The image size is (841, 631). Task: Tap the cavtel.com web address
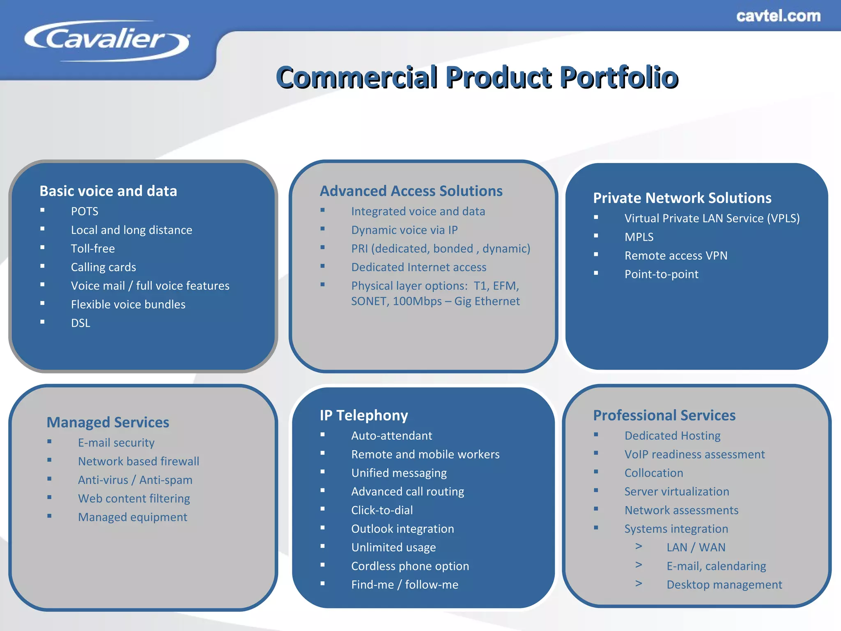[778, 16]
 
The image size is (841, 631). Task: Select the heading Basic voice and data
[108, 191]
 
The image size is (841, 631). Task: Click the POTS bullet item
[85, 211]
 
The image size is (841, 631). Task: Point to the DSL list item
[80, 323]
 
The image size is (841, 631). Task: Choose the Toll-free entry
[93, 249]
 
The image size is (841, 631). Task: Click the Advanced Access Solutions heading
[411, 191]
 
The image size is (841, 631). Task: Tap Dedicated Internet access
[418, 267]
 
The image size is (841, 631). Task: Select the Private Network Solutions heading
[682, 198]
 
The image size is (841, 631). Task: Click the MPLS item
[639, 237]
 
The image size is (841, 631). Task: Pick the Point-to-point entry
[661, 274]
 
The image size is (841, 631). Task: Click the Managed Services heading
[108, 422]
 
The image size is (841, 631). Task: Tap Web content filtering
[134, 498]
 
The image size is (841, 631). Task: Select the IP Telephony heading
[364, 415]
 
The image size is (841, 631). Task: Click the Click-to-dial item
[382, 510]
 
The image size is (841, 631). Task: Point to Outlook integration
[402, 529]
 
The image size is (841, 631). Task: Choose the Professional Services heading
[664, 415]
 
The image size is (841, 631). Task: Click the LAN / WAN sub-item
[696, 547]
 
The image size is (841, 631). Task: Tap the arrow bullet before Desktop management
[639, 583]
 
